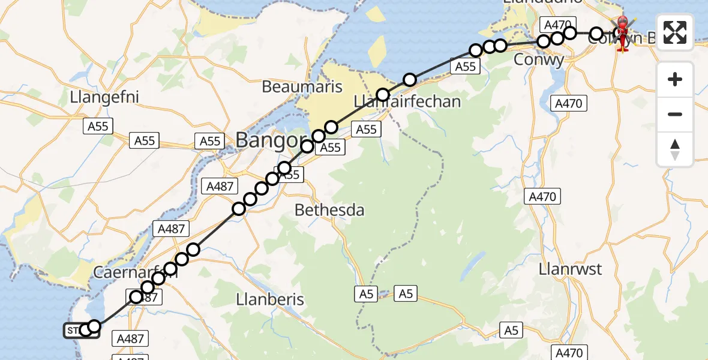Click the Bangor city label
pos(271,140)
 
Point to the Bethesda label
pos(329,210)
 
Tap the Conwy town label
pos(539,60)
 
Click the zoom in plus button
pos(675,79)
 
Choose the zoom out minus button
pos(675,114)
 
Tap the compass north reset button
pos(675,149)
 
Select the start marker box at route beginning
pos(74,330)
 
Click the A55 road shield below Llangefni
pos(98,125)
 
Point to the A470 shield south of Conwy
pos(568,103)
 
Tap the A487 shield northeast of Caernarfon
pos(172,228)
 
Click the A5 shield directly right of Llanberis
pos(367,293)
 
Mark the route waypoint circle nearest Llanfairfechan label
pos(383,94)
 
